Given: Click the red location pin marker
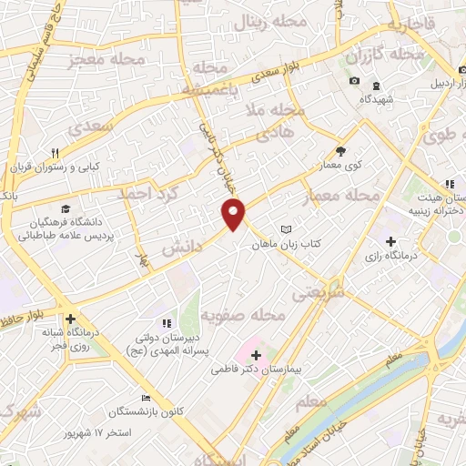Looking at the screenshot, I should pyautogui.click(x=234, y=214).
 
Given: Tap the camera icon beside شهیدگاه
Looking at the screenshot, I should pyautogui.click(x=353, y=83).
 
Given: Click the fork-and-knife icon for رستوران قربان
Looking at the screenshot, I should pyautogui.click(x=55, y=152).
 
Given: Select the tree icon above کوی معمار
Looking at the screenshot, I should pyautogui.click(x=340, y=152).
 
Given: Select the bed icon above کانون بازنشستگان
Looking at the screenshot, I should pyautogui.click(x=146, y=398).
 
